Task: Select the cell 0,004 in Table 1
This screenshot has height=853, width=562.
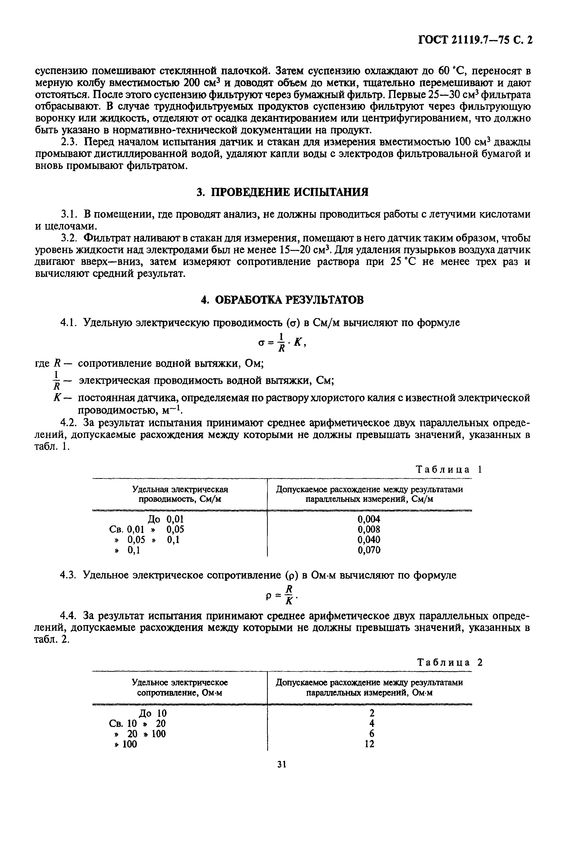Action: tap(369, 519)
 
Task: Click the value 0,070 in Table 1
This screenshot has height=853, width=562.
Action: tap(369, 550)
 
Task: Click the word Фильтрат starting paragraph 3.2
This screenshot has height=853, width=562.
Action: tap(104, 238)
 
